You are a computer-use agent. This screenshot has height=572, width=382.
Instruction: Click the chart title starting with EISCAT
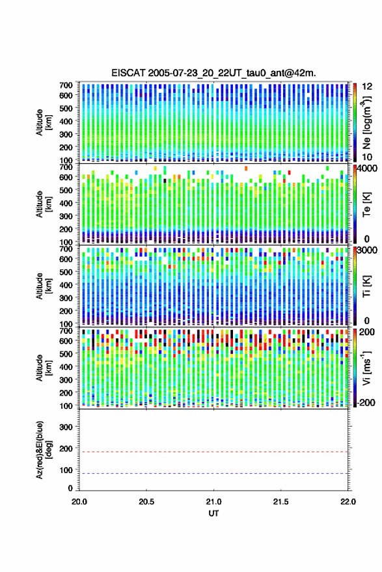click(213, 73)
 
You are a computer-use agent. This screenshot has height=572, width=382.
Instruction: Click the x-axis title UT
click(213, 513)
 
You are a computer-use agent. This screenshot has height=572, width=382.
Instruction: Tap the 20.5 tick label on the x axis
click(146, 502)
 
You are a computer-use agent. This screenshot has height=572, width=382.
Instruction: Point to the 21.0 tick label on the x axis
click(213, 502)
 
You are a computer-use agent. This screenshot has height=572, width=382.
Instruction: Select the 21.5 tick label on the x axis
click(280, 502)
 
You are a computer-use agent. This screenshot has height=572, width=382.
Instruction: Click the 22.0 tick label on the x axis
click(348, 502)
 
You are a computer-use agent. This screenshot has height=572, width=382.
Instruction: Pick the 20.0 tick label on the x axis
click(79, 502)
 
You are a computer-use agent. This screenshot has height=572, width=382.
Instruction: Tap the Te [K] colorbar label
click(366, 204)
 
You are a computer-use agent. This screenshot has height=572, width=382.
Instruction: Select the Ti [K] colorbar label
click(366, 286)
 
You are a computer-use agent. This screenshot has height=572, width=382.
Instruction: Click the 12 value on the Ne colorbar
click(367, 87)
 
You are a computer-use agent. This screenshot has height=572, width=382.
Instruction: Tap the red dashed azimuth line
click(213, 452)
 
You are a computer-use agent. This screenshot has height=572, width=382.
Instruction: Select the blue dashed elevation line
click(213, 474)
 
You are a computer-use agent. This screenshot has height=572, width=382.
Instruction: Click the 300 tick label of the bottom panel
click(66, 427)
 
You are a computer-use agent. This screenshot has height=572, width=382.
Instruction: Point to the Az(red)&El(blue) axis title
click(44, 450)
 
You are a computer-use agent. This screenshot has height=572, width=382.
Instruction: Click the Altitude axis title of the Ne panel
click(44, 122)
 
